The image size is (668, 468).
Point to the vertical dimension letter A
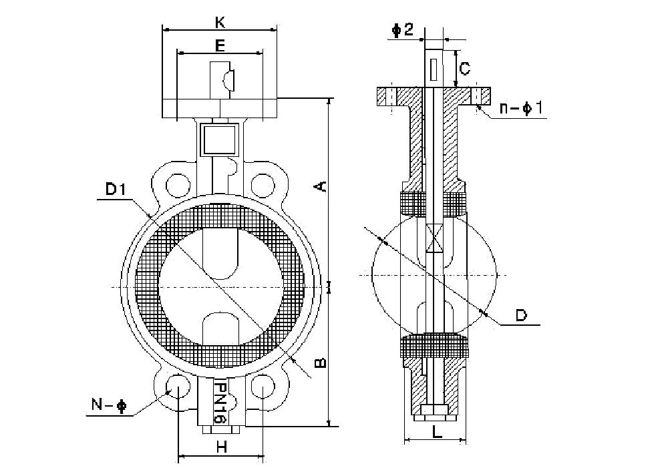pos(321,186)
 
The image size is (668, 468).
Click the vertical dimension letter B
pos(321,363)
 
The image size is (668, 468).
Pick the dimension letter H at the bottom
pos(222,448)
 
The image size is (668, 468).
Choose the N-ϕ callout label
pos(108,405)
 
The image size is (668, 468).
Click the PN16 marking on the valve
pos(218,401)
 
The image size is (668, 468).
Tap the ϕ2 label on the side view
pos(403,29)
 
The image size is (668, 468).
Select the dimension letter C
pos(466,67)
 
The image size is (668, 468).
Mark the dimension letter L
pos(436,432)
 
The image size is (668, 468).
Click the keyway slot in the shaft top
pos(434,69)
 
